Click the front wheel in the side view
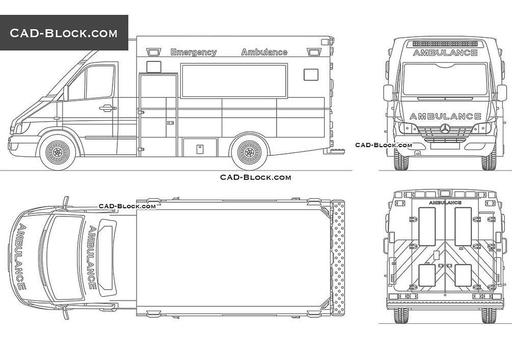(58, 152)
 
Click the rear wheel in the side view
(249, 152)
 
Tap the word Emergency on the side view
(193, 52)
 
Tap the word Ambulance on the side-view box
(264, 52)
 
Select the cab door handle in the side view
(107, 108)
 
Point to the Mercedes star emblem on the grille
(445, 128)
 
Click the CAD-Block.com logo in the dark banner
(64, 34)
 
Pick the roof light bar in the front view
(445, 44)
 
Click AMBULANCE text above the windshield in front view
(445, 52)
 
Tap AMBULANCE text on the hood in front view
(445, 116)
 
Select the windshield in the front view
(445, 79)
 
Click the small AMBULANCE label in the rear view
(445, 203)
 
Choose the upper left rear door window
(427, 226)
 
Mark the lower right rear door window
(463, 275)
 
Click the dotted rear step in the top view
(337, 257)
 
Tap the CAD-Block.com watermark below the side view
(255, 177)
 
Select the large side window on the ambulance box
(234, 80)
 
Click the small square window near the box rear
(311, 75)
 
